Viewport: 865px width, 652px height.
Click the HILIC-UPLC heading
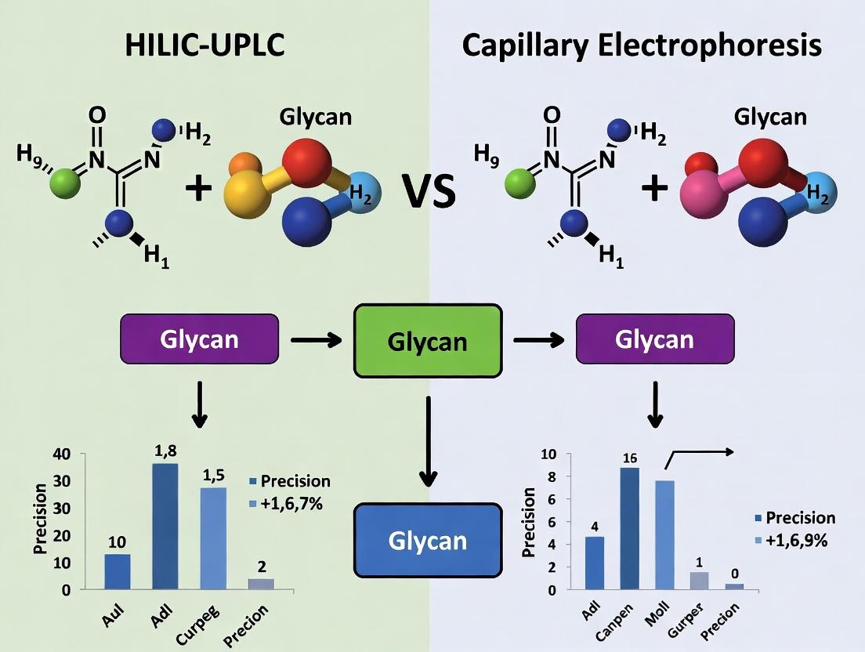(204, 45)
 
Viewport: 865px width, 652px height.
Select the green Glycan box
(427, 341)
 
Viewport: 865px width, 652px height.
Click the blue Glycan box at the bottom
(427, 540)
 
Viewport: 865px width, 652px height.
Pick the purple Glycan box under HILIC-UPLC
(198, 339)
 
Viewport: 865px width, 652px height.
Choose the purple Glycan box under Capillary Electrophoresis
(654, 339)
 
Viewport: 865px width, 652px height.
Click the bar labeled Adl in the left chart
(165, 525)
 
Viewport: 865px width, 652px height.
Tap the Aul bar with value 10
(118, 571)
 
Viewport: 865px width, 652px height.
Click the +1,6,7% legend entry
(291, 503)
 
